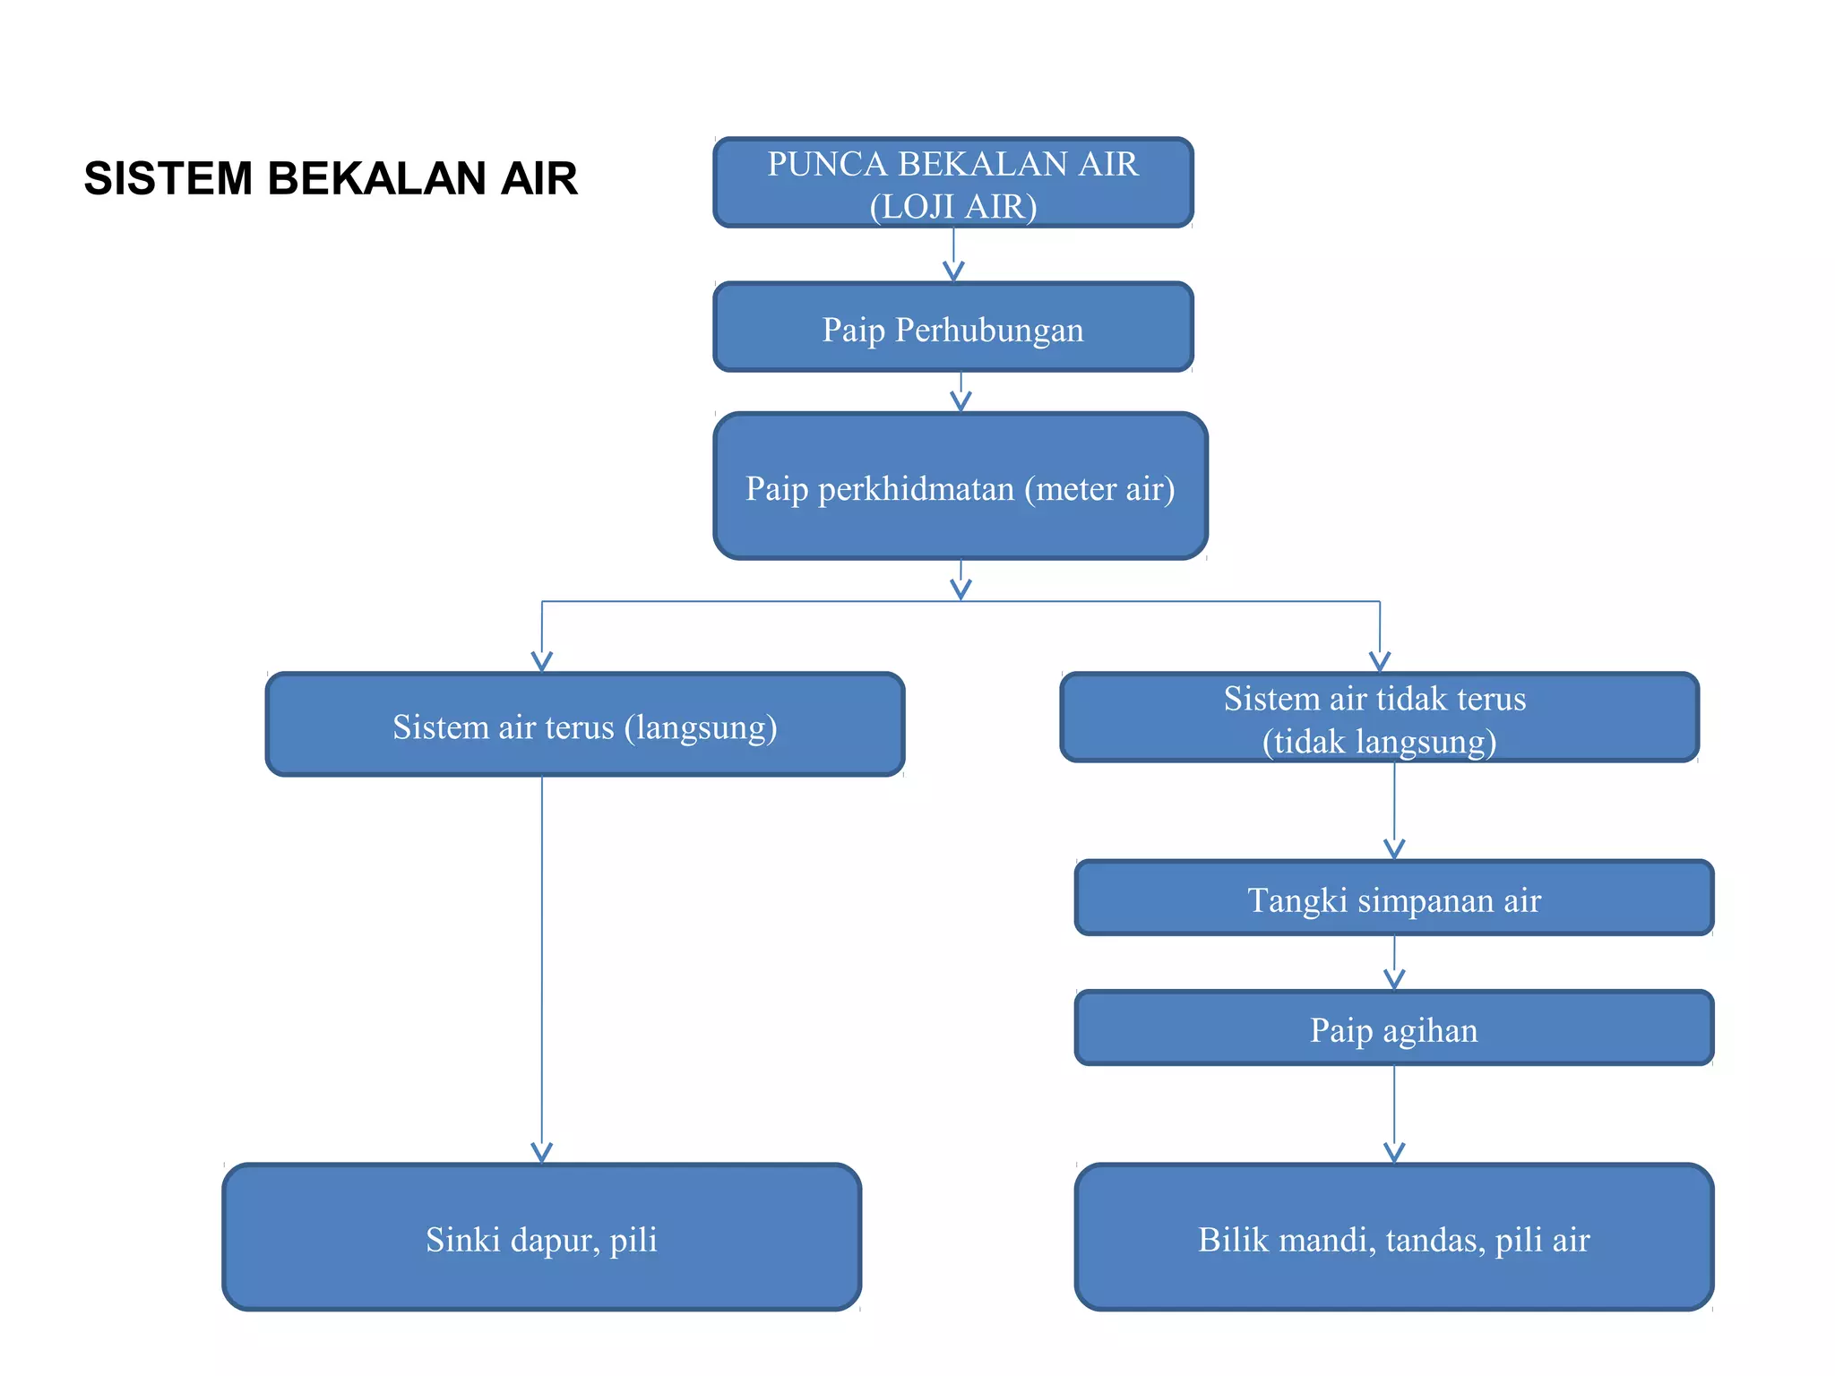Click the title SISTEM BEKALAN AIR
[330, 178]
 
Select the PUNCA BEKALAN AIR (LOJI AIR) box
[952, 183]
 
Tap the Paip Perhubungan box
[952, 328]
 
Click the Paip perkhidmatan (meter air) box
[960, 486]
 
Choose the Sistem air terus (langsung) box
[584, 725]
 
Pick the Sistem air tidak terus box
[1378, 718]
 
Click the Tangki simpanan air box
[1393, 899]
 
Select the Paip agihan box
[1393, 1028]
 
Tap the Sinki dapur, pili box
[541, 1238]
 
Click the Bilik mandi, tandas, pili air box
[1393, 1238]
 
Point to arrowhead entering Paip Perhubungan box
[953, 271]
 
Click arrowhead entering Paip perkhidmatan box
[961, 401]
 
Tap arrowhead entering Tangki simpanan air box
[1394, 848]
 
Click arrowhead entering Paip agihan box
[1394, 979]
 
